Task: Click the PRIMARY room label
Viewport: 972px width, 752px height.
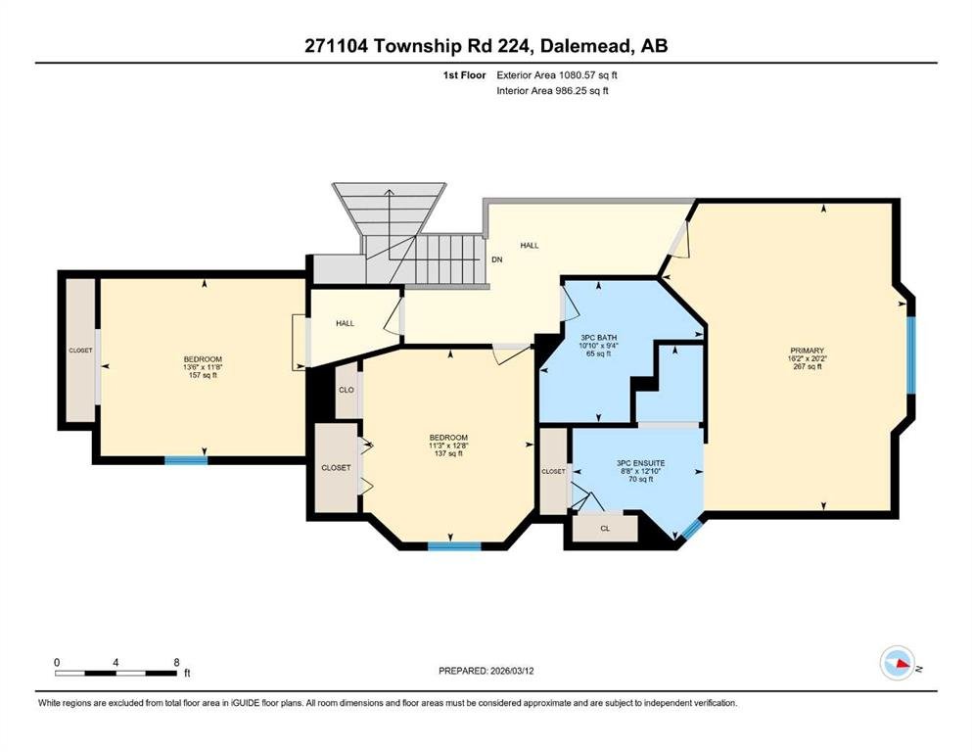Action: pos(808,351)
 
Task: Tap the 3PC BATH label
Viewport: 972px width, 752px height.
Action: pos(598,338)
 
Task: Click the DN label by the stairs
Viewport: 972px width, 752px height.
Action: pos(497,259)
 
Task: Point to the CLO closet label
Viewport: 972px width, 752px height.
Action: pos(347,390)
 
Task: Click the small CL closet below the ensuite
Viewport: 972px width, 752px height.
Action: pos(606,529)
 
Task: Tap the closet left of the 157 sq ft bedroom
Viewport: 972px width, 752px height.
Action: pos(80,351)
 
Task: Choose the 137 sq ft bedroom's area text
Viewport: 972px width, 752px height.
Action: pos(449,453)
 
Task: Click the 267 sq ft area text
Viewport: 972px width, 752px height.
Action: pos(808,366)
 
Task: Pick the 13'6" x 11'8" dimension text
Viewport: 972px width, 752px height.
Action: pos(203,367)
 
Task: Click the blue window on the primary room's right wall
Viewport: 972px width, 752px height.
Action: pos(910,355)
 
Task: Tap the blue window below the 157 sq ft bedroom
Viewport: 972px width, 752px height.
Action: pos(186,460)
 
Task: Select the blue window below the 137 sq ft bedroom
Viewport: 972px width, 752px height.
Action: pos(454,546)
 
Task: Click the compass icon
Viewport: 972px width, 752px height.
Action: pos(898,663)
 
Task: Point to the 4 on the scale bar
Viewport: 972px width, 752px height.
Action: pos(116,662)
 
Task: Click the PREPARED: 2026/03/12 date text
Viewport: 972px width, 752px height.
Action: pos(486,671)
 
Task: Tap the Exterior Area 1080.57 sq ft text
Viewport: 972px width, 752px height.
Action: pos(557,75)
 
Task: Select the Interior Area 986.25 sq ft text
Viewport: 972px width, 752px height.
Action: pos(552,91)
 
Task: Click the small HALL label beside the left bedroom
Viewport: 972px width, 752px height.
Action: pos(346,323)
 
